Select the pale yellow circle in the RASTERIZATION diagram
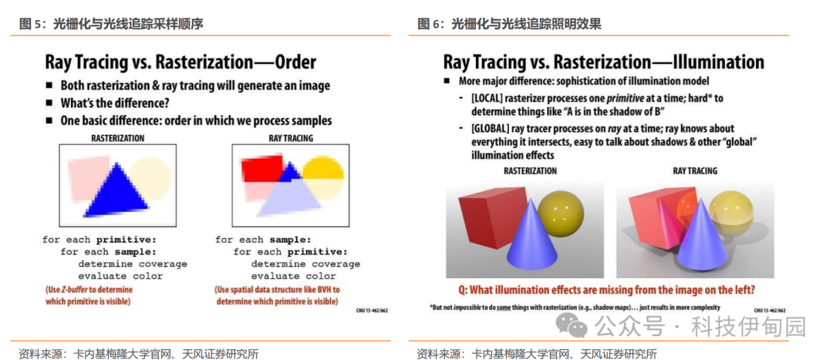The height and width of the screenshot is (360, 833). pyautogui.click(x=151, y=179)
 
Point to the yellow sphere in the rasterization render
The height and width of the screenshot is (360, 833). pyautogui.click(x=558, y=210)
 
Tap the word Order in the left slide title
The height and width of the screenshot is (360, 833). pyautogui.click(x=295, y=62)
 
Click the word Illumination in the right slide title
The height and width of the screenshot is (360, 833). pyautogui.click(x=718, y=62)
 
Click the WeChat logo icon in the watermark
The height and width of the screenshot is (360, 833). pyautogui.click(x=571, y=325)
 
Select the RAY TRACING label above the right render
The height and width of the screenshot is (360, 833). pyautogui.click(x=695, y=171)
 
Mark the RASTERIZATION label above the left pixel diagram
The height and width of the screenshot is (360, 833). pyautogui.click(x=117, y=138)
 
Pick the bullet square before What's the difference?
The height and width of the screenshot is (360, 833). pyautogui.click(x=49, y=103)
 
